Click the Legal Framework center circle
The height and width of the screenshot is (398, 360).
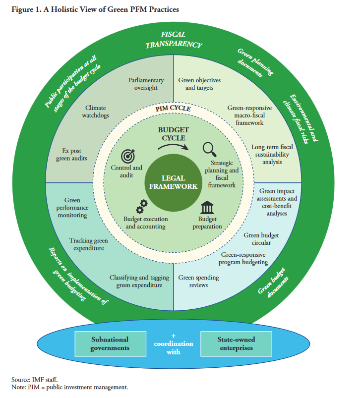pos(172,182)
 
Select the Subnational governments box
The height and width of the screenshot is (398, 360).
pos(110,343)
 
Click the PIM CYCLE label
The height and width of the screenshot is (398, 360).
pos(174,109)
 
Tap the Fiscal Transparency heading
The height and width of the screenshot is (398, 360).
pos(173,39)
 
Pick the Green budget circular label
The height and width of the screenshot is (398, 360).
pos(257,239)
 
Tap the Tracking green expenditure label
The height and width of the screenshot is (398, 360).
pos(89,244)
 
